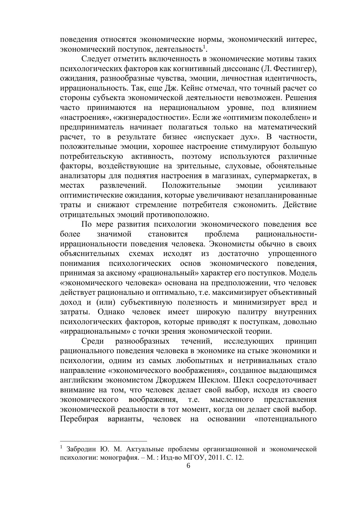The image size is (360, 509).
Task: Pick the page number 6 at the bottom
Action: click(x=188, y=466)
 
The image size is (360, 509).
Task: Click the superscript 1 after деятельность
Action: click(x=204, y=47)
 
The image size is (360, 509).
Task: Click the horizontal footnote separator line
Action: click(x=104, y=441)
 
